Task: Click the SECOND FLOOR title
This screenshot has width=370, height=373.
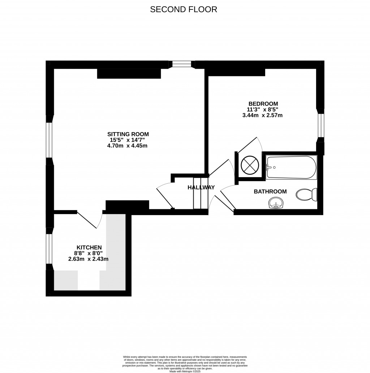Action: [x=184, y=9]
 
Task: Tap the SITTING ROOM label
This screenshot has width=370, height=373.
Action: [x=128, y=134]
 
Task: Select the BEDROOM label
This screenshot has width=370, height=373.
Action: [x=262, y=104]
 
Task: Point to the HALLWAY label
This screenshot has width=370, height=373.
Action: [x=201, y=187]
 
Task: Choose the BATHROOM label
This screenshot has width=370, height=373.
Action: [x=270, y=192]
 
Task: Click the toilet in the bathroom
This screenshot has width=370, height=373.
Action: [x=306, y=194]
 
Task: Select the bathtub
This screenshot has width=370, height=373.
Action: [x=291, y=167]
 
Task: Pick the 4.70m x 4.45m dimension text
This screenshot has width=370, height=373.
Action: [x=128, y=146]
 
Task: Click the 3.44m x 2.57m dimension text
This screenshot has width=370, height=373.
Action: [x=262, y=116]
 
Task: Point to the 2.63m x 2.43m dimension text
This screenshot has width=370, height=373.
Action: [x=88, y=259]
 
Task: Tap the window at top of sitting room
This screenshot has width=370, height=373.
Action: [x=181, y=64]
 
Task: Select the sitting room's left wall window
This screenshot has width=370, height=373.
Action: [x=50, y=140]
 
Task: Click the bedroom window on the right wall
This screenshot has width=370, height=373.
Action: [x=320, y=125]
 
